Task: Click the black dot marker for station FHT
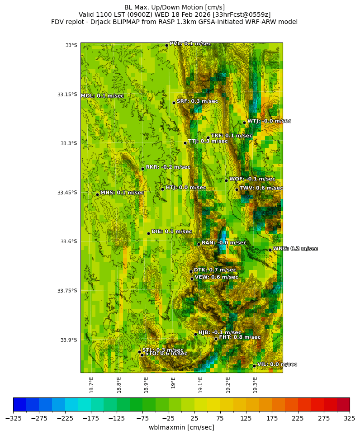(216, 339)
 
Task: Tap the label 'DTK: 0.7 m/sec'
(215, 270)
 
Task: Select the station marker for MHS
(97, 194)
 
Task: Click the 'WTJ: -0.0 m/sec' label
(269, 121)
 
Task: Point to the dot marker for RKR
(142, 169)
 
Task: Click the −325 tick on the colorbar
(14, 418)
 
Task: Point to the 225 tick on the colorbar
(298, 418)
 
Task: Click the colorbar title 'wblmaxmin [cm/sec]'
(181, 427)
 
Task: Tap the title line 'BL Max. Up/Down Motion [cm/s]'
(175, 7)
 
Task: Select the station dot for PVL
(166, 45)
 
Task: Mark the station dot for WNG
(270, 250)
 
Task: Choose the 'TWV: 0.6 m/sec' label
(261, 188)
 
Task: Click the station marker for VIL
(254, 366)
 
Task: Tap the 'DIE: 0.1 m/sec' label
(171, 232)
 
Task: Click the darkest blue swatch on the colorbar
(20, 404)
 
